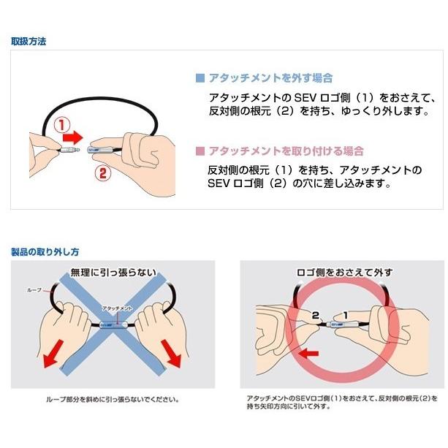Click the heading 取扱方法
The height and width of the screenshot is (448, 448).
tap(29, 42)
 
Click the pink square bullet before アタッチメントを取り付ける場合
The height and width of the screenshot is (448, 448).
tap(200, 151)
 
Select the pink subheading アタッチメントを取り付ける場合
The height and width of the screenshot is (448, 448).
tap(286, 151)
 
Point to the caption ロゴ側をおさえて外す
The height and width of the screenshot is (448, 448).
tap(343, 273)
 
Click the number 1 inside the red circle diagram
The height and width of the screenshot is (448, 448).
tap(365, 314)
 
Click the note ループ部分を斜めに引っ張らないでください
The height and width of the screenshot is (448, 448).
tap(113, 400)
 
